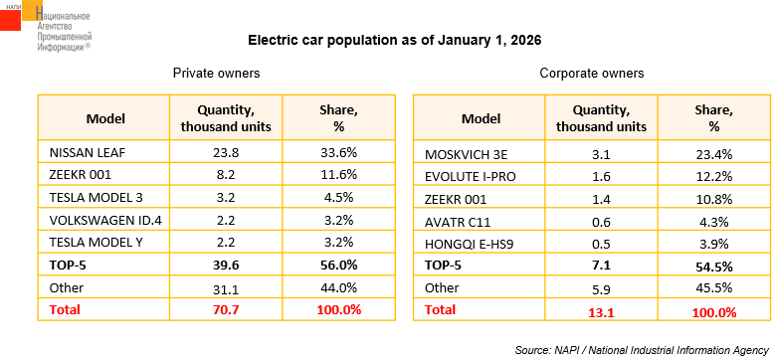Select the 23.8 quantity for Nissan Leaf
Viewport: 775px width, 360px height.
226,152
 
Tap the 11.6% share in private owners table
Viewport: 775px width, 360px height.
338,175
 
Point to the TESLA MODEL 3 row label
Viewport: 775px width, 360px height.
97,198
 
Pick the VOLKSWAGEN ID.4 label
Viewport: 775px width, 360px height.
105,220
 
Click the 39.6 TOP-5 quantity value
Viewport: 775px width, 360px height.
226,266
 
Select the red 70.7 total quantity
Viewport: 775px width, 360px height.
226,310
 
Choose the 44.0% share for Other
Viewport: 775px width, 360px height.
338,287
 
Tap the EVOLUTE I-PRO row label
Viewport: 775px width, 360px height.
470,177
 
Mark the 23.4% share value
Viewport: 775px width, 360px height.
713,154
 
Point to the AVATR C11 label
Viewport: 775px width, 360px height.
458,222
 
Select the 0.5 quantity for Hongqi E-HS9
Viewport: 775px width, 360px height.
601,245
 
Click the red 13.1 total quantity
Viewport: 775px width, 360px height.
602,312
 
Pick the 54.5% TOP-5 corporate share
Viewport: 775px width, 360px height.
713,267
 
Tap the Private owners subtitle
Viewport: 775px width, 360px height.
217,74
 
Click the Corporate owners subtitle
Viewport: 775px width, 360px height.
592,74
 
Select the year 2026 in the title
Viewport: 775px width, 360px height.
526,41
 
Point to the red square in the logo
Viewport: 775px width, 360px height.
10,20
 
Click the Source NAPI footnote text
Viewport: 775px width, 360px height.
642,350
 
